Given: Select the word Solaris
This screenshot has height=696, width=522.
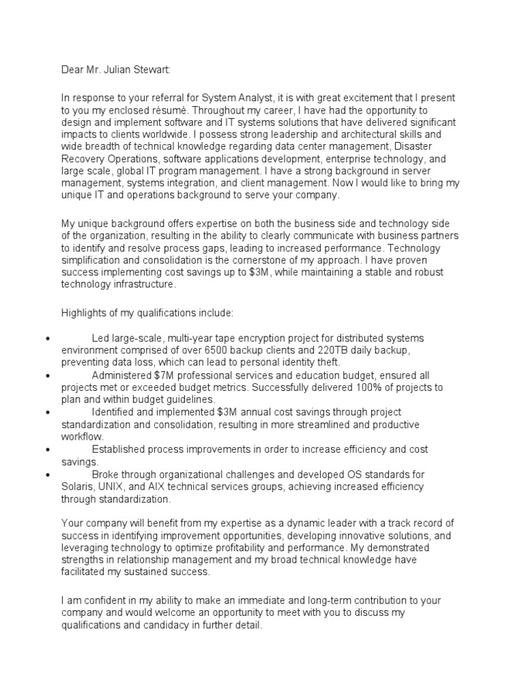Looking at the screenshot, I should (77, 487).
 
